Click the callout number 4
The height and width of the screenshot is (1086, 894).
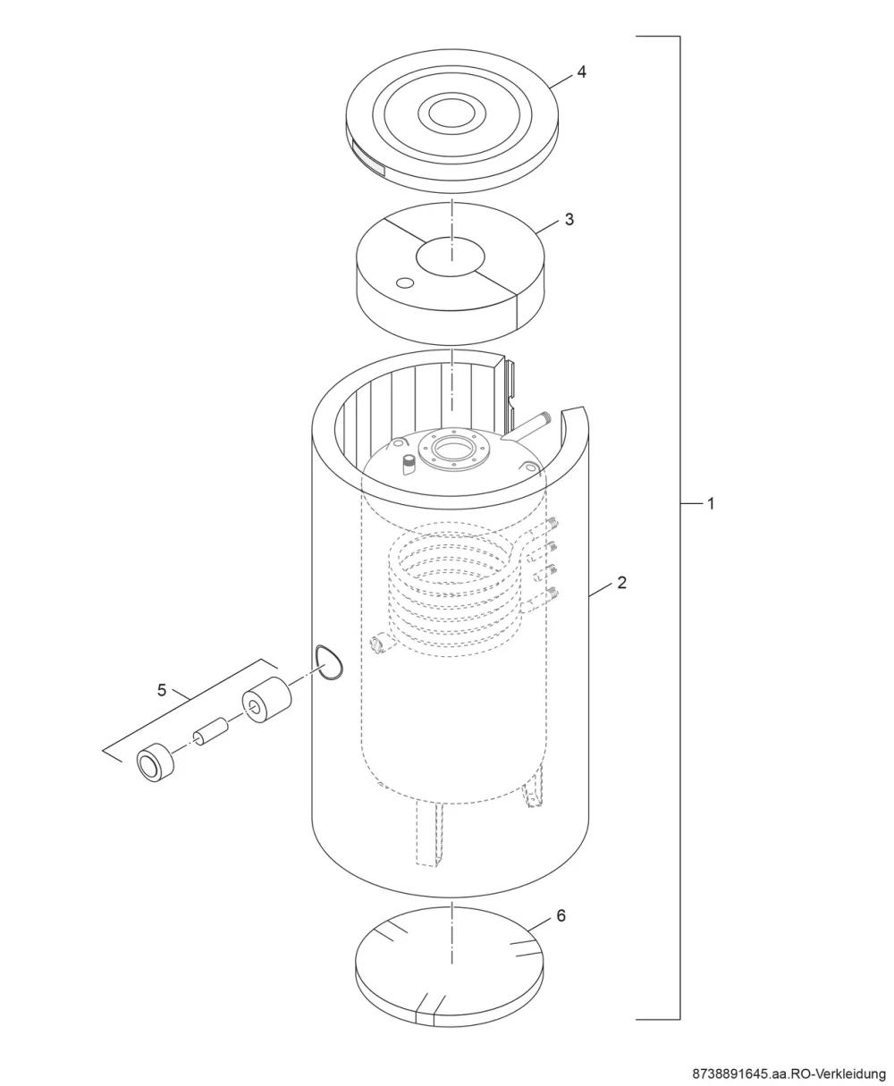tap(581, 72)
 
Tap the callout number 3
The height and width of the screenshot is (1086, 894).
tap(569, 219)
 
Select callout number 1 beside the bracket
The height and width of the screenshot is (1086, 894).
tap(712, 503)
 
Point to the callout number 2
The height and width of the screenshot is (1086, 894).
tap(621, 583)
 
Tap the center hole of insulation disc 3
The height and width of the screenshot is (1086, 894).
tap(451, 257)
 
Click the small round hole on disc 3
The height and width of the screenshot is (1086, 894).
tap(405, 282)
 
